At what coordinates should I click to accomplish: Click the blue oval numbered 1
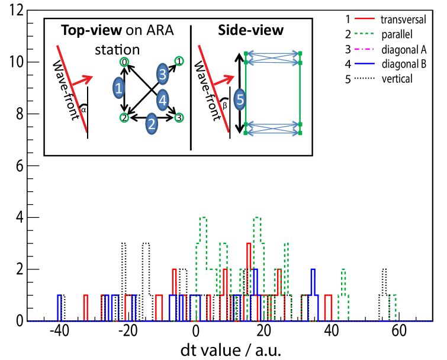point(119,89)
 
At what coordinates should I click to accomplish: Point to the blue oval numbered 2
point(152,123)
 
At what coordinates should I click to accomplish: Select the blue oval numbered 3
point(162,75)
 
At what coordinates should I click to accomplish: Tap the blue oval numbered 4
point(163,101)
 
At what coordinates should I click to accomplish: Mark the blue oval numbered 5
point(240,99)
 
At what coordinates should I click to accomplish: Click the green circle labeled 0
point(124,62)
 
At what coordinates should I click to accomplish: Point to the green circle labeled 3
point(179,118)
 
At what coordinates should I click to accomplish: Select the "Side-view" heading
point(250,30)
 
